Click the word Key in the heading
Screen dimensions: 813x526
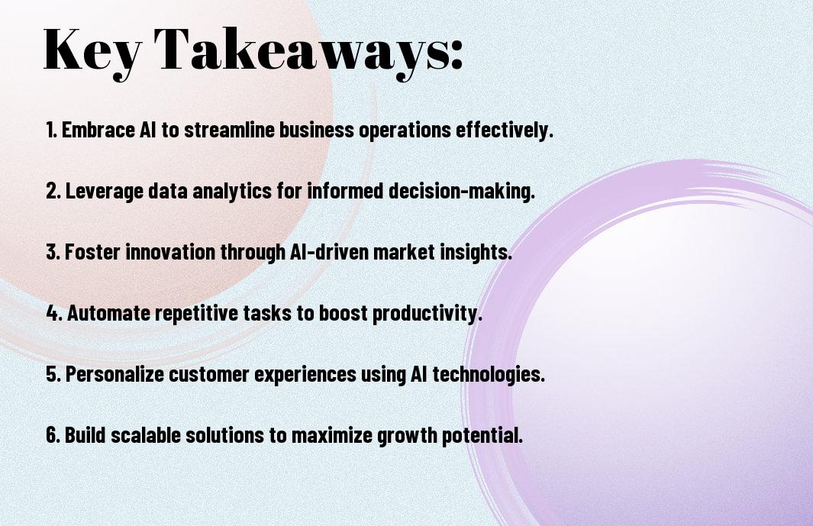pos(92,51)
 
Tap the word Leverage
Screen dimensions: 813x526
pos(104,191)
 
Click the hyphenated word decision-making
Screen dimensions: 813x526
pos(461,191)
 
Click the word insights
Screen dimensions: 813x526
pos(476,252)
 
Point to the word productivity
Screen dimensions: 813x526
pos(427,313)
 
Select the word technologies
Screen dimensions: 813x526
pos(489,374)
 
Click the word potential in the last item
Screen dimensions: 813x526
pos(482,435)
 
